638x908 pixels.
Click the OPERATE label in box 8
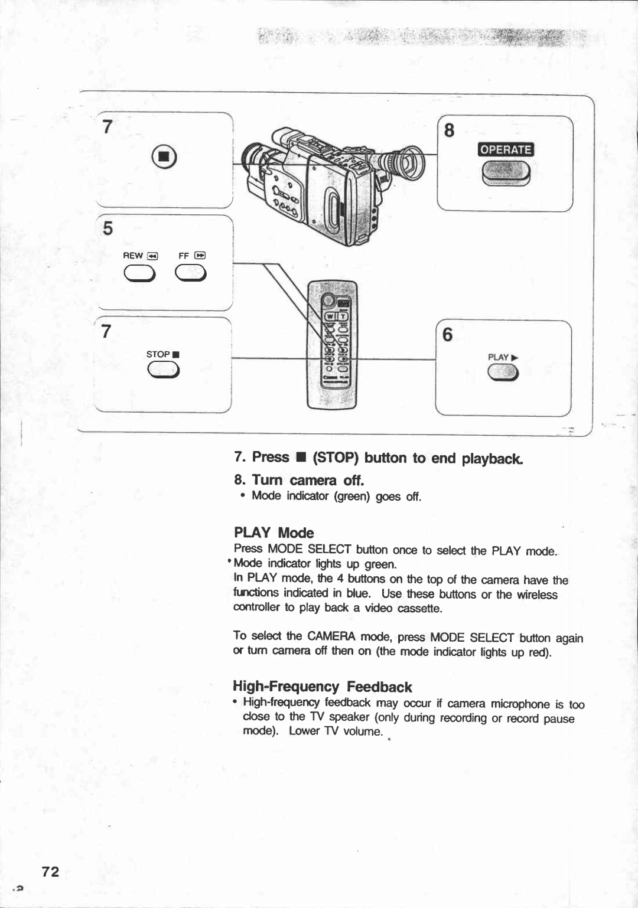(x=506, y=149)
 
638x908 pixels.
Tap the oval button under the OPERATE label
(x=506, y=173)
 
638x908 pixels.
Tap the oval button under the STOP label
(x=164, y=370)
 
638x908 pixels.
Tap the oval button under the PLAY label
(x=503, y=373)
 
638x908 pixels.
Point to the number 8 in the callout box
(x=450, y=130)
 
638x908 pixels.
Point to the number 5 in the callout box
(x=108, y=228)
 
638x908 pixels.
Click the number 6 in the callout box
(x=448, y=335)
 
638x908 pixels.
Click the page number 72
(x=51, y=872)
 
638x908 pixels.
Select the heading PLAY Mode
(x=274, y=533)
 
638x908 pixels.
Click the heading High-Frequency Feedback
(x=322, y=687)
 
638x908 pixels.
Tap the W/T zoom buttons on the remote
(x=335, y=317)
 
